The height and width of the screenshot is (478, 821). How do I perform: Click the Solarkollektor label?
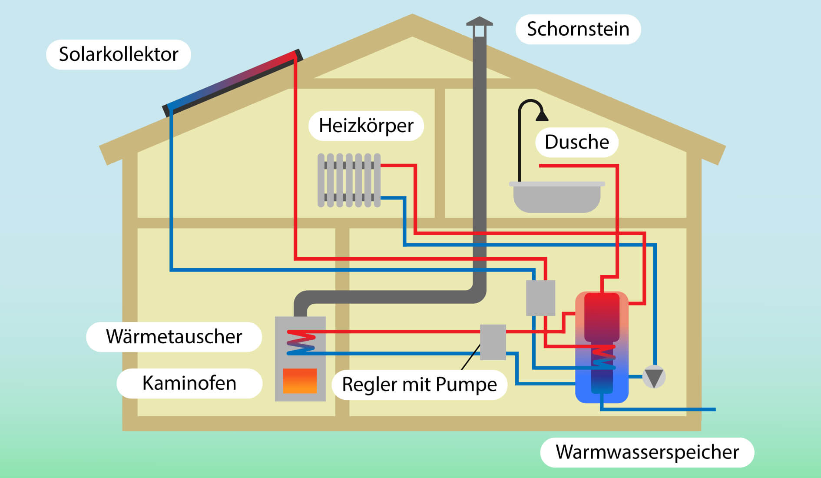[x=118, y=55]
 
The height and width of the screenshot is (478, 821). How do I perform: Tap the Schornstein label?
[x=578, y=29]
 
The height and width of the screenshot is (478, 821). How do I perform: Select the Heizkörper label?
[x=366, y=126]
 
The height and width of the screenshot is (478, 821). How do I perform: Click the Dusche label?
[x=576, y=142]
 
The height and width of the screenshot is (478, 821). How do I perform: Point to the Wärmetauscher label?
[x=174, y=337]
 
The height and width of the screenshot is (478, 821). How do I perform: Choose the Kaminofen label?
[x=189, y=383]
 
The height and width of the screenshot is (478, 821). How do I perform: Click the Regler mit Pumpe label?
[x=419, y=385]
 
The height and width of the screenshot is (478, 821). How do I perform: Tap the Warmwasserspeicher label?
[x=647, y=452]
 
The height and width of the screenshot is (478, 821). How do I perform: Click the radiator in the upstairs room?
[x=349, y=180]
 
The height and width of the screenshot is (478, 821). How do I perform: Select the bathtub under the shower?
[x=556, y=198]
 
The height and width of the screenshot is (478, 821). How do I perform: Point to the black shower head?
[x=542, y=116]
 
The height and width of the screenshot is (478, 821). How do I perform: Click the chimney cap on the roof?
[x=479, y=24]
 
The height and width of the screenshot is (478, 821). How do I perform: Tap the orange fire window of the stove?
[x=300, y=381]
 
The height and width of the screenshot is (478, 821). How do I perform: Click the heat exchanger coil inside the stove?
[x=301, y=342]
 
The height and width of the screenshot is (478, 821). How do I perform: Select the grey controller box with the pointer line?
[x=493, y=342]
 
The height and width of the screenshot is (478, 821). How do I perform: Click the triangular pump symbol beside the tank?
[x=654, y=377]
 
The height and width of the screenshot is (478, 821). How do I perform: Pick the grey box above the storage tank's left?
[x=540, y=298]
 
